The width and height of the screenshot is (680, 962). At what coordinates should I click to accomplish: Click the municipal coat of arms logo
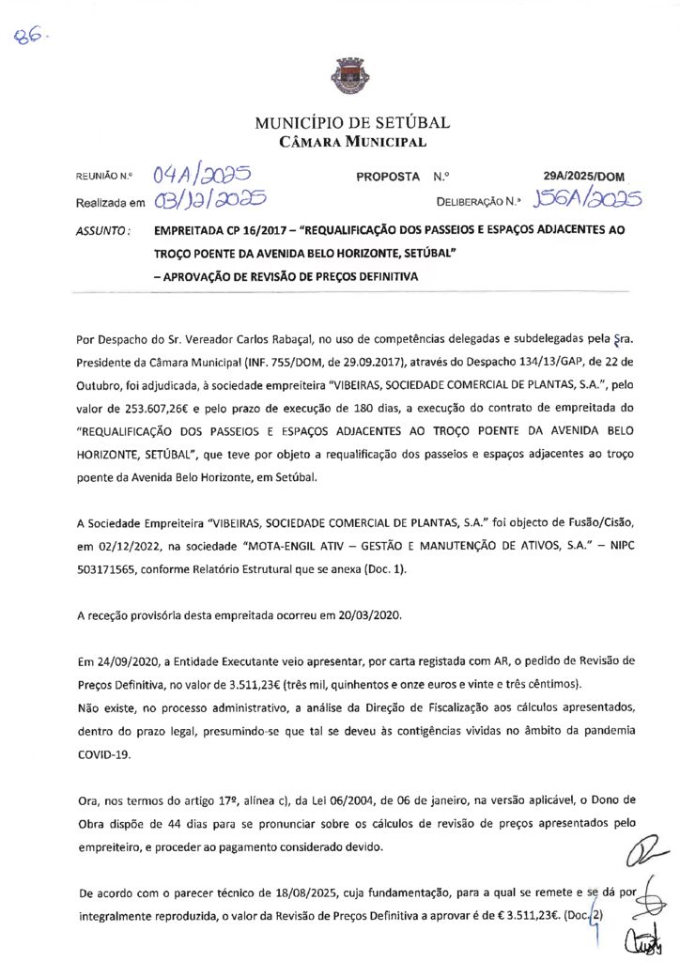(x=339, y=75)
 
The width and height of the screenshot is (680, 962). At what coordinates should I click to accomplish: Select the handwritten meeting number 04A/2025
(x=201, y=175)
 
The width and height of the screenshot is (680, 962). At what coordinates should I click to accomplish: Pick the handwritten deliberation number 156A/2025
(x=586, y=198)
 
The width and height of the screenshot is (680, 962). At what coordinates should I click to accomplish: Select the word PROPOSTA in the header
(x=388, y=176)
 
